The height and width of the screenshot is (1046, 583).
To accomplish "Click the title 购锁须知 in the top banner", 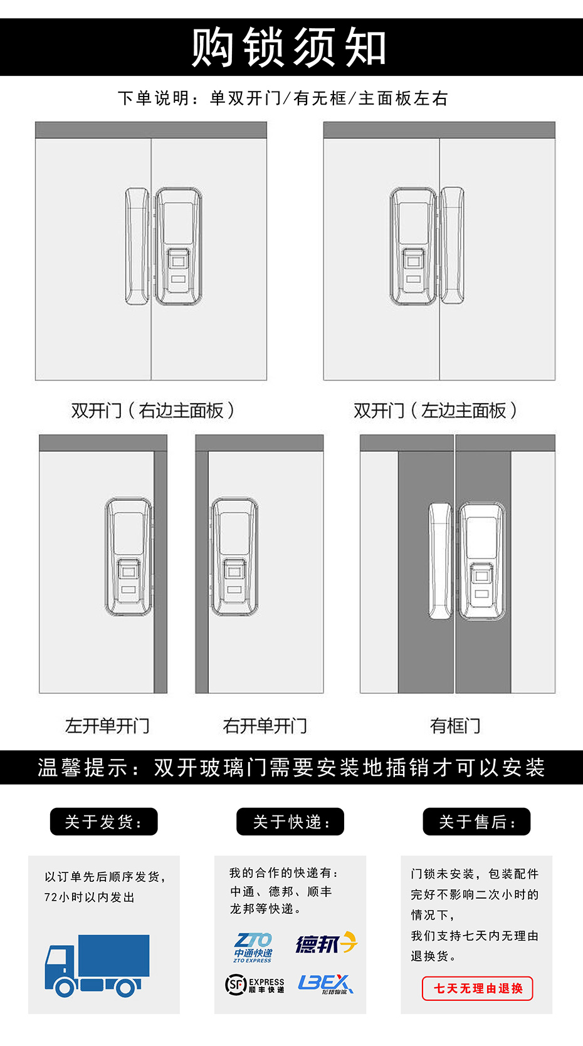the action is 289,47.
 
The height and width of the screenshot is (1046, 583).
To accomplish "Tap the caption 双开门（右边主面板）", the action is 152,411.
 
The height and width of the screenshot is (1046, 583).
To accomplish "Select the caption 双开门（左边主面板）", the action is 435,411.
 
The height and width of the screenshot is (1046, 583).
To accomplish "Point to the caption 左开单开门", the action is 107,726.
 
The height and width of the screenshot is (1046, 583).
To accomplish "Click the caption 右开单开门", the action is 265,726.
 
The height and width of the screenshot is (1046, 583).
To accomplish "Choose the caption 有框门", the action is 455,726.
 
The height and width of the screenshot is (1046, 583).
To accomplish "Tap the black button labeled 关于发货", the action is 103,822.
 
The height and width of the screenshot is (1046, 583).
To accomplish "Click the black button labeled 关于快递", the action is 290,822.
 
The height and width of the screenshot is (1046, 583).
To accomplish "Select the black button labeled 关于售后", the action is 476,822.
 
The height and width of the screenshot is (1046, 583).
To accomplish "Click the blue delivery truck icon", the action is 97,965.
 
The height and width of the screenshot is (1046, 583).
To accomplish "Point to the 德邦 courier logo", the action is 327,943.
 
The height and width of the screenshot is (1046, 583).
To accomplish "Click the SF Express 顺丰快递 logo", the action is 255,985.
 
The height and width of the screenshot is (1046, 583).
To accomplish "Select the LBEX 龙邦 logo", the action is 325,984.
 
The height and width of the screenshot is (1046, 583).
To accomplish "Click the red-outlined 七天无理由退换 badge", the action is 478,988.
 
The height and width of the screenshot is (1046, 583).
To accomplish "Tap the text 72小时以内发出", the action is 89,897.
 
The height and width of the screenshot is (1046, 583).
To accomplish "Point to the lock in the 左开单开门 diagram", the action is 129,557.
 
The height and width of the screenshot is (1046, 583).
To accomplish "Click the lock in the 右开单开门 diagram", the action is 234,557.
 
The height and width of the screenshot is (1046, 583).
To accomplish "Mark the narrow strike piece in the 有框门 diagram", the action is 440,561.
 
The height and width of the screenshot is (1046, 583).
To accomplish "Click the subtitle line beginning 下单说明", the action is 283,98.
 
